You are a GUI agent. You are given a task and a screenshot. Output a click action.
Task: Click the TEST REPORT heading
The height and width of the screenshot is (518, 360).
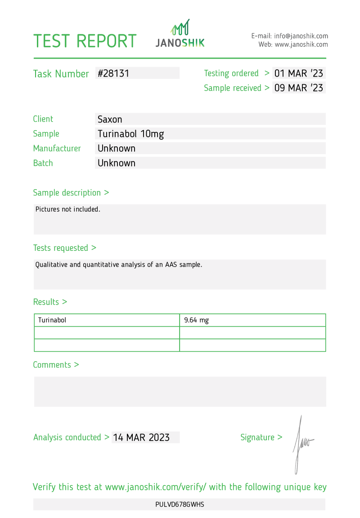[x=85, y=41]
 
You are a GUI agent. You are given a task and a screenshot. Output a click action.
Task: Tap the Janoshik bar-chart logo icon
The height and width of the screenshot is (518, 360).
[x=180, y=27]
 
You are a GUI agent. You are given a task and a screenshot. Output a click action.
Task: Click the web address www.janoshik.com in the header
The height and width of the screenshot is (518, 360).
[x=301, y=45]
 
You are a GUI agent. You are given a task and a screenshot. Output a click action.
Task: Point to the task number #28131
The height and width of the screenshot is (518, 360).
[x=113, y=73]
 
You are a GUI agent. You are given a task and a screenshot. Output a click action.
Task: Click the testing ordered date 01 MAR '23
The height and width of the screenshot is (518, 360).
[x=299, y=73]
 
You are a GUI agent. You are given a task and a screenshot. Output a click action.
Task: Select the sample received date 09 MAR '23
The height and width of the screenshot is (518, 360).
[x=299, y=88]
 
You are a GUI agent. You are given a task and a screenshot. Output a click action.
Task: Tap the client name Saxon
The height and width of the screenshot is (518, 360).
[x=110, y=119]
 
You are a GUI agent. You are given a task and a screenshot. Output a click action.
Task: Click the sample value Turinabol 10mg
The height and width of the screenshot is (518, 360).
[x=131, y=134]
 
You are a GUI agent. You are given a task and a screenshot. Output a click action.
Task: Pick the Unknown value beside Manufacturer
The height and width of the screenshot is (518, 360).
[x=117, y=148]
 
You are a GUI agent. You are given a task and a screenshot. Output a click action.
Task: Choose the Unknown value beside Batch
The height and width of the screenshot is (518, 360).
[x=117, y=163]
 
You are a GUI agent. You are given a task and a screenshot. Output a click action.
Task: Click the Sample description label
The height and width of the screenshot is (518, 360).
[x=71, y=193]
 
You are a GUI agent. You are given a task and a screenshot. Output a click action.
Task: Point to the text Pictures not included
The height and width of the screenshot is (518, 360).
[x=67, y=209]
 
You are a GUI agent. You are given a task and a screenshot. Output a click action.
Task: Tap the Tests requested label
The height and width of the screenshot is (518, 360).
[x=64, y=248]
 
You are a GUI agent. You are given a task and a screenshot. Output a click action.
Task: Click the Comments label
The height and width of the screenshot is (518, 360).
[x=56, y=365]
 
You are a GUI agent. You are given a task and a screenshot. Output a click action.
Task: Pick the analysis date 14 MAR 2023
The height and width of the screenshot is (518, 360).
[x=141, y=437]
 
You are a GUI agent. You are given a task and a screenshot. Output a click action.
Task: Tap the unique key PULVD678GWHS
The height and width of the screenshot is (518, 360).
[x=180, y=504]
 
